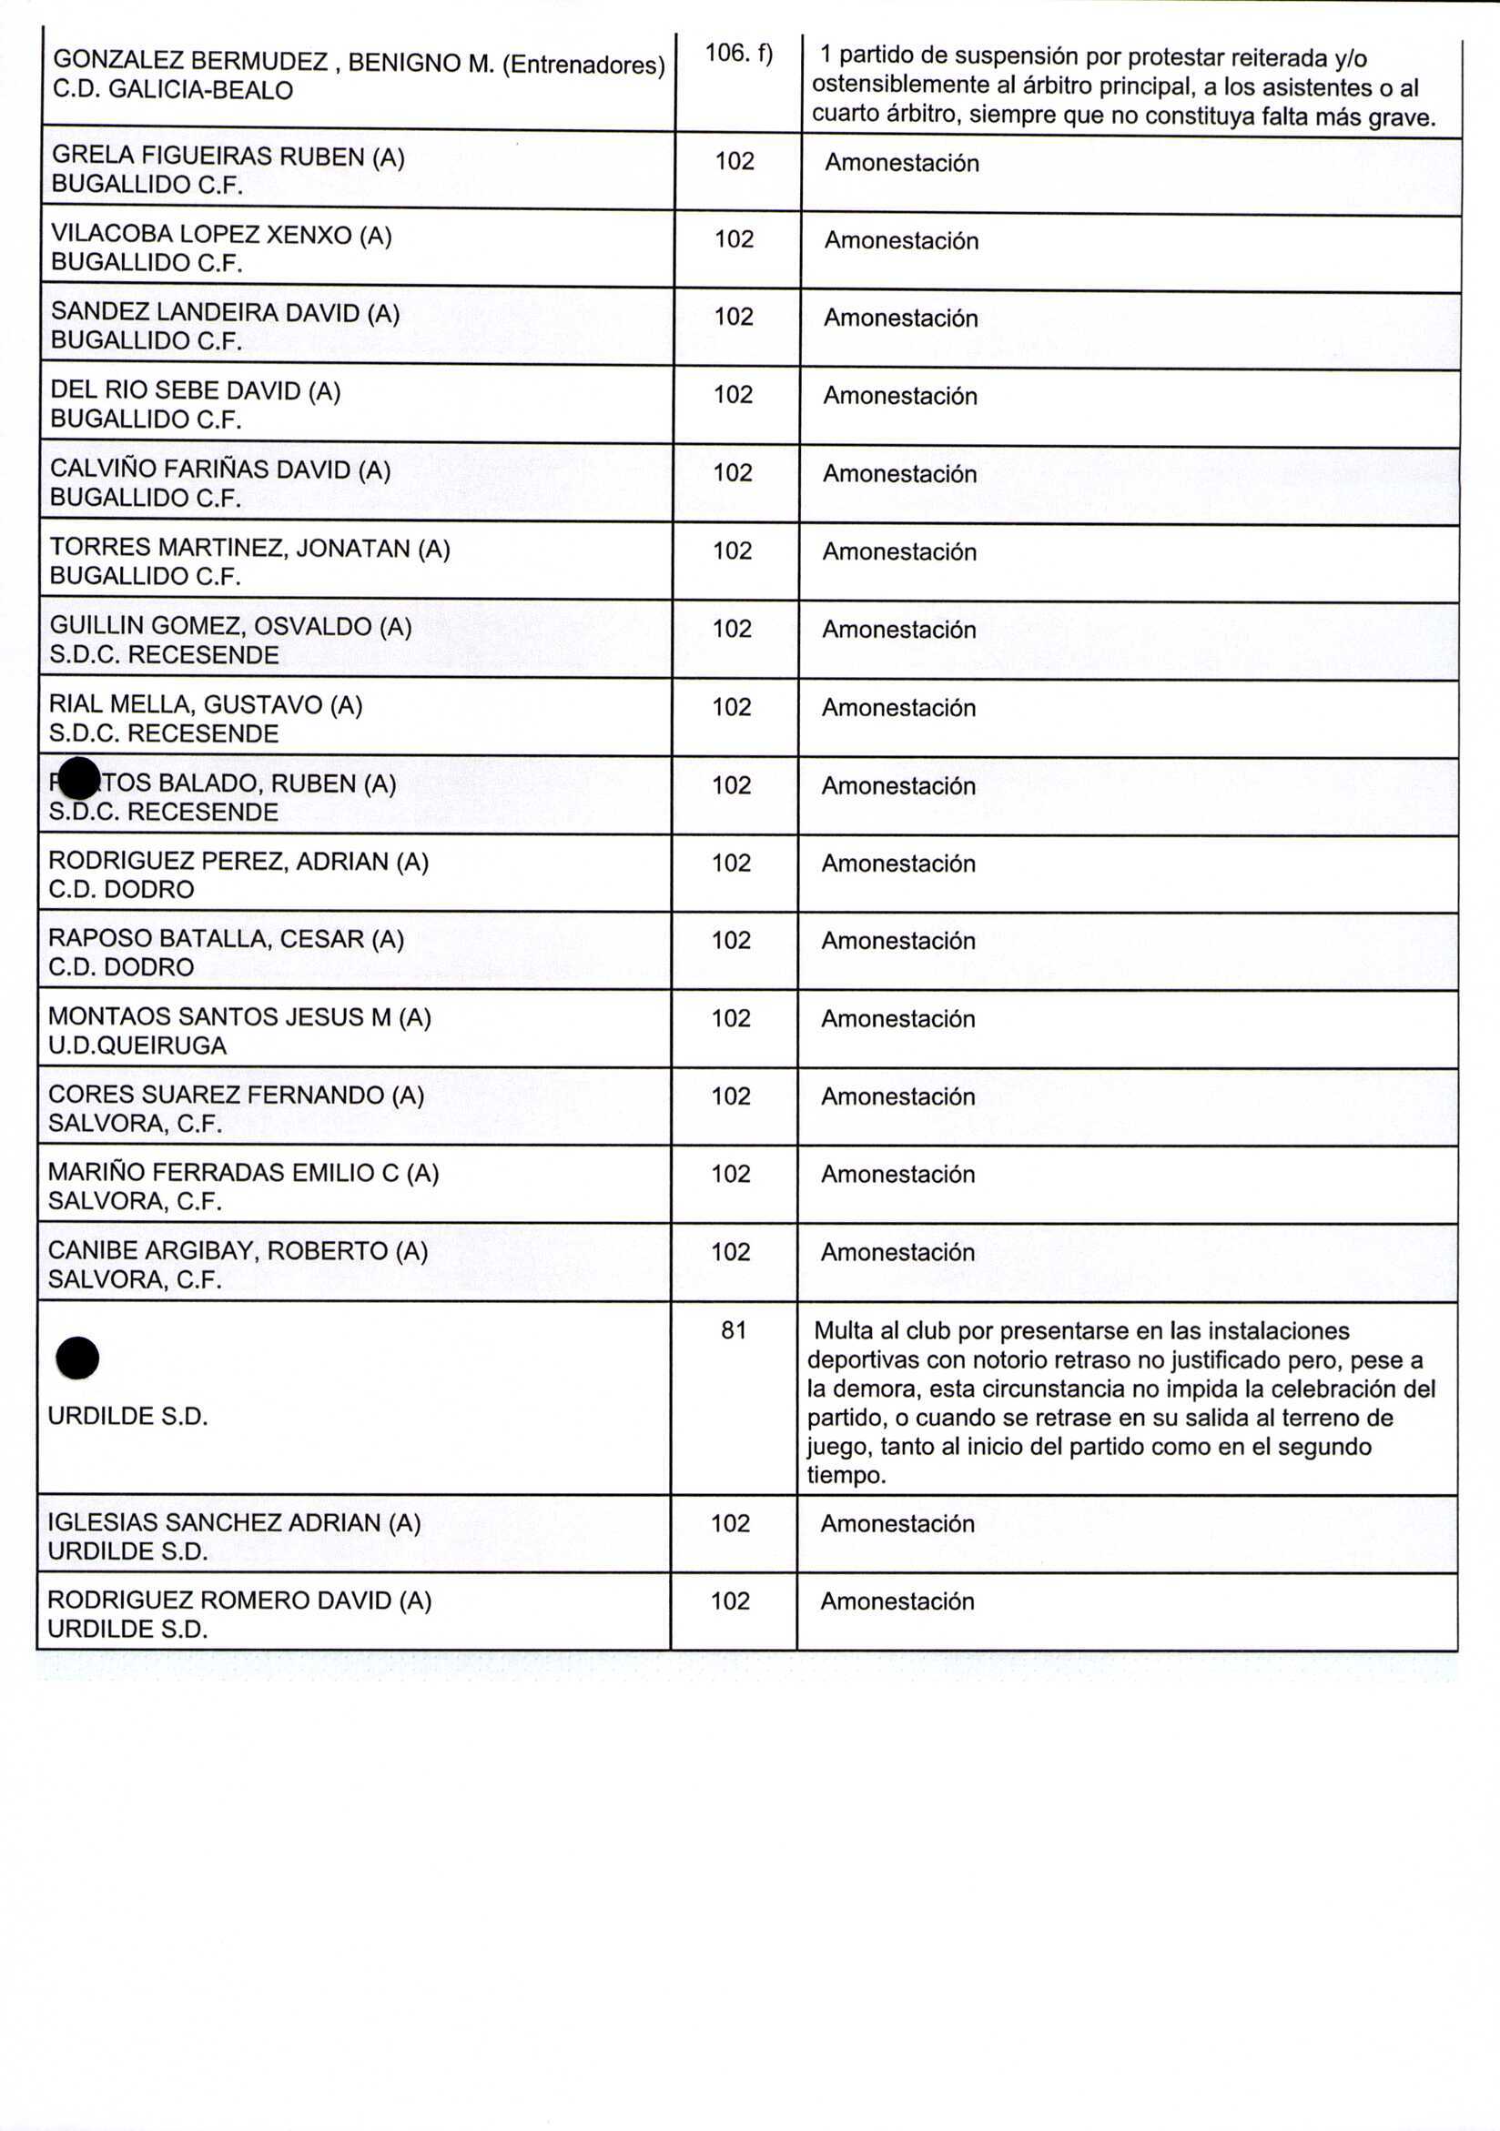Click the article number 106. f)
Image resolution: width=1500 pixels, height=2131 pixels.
(x=738, y=54)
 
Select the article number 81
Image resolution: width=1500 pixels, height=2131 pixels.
(x=734, y=1330)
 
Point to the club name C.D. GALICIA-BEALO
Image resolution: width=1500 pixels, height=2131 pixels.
(x=173, y=90)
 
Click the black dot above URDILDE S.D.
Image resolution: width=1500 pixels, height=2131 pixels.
(x=78, y=1358)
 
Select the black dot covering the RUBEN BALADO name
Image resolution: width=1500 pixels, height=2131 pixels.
(x=79, y=778)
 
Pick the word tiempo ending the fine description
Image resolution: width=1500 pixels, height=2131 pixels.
(x=846, y=1475)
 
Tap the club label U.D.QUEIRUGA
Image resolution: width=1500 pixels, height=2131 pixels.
(x=137, y=1045)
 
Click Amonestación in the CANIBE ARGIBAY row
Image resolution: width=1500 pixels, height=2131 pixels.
(x=897, y=1252)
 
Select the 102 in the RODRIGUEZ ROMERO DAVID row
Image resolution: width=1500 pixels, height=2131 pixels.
(x=731, y=1601)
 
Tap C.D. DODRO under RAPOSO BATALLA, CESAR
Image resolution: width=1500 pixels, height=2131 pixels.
(x=121, y=967)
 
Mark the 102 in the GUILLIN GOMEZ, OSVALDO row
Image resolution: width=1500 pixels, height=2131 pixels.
(x=732, y=629)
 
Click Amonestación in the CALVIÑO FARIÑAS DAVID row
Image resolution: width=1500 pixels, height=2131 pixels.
(x=899, y=473)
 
